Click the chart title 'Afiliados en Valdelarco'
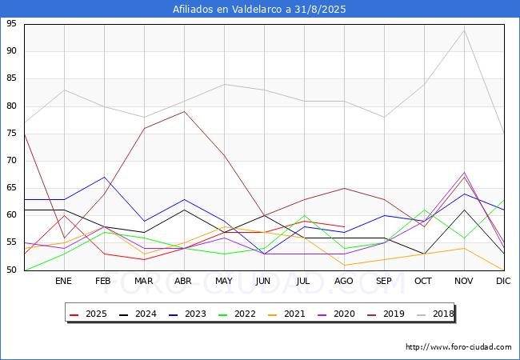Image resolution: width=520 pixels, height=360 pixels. [260, 10]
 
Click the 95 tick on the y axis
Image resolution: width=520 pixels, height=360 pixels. [11, 24]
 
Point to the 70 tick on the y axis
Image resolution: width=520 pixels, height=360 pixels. [11, 161]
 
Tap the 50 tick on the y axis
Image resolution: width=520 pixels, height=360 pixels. [11, 270]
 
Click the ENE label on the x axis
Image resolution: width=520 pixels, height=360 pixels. [64, 282]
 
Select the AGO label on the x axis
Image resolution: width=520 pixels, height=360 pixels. [344, 282]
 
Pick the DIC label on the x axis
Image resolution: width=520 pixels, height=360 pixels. [503, 282]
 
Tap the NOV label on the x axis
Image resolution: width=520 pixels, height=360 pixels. [463, 282]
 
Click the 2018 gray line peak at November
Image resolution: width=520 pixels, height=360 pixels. [464, 30]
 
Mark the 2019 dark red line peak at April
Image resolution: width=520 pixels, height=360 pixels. [184, 111]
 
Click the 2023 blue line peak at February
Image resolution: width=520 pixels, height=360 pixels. [104, 177]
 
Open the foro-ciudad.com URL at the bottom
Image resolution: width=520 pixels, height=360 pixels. [458, 347]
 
